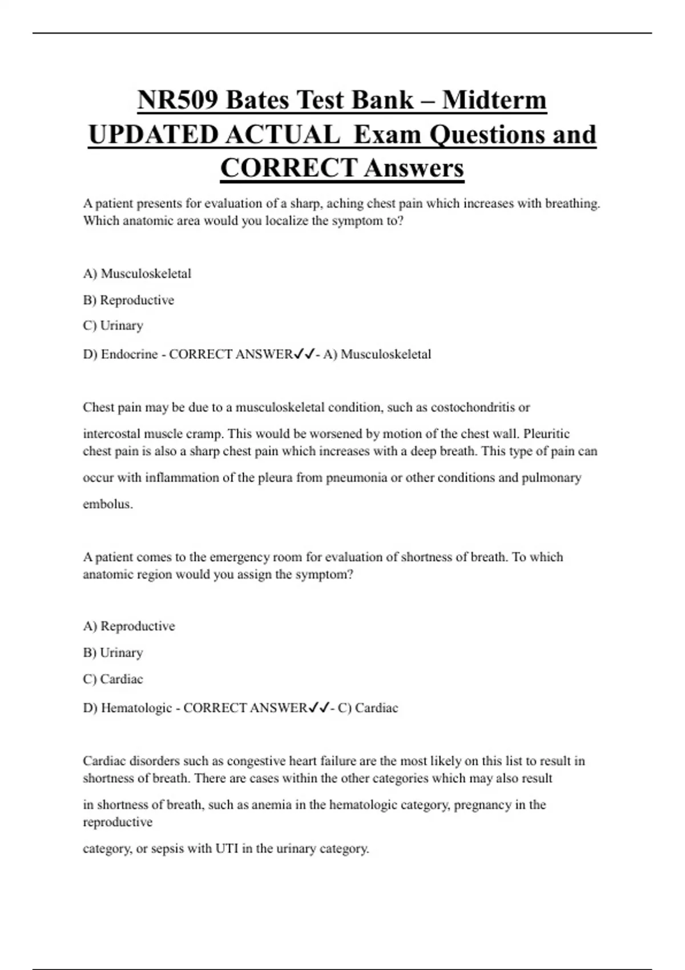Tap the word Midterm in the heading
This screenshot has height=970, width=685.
[x=494, y=100]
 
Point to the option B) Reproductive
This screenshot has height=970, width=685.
[x=128, y=300]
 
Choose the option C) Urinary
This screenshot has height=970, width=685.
[x=113, y=325]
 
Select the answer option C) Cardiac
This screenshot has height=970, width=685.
[x=113, y=679]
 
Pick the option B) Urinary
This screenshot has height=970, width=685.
[x=113, y=652]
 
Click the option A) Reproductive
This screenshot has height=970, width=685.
[x=129, y=626]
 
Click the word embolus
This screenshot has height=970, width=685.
[x=107, y=504]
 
